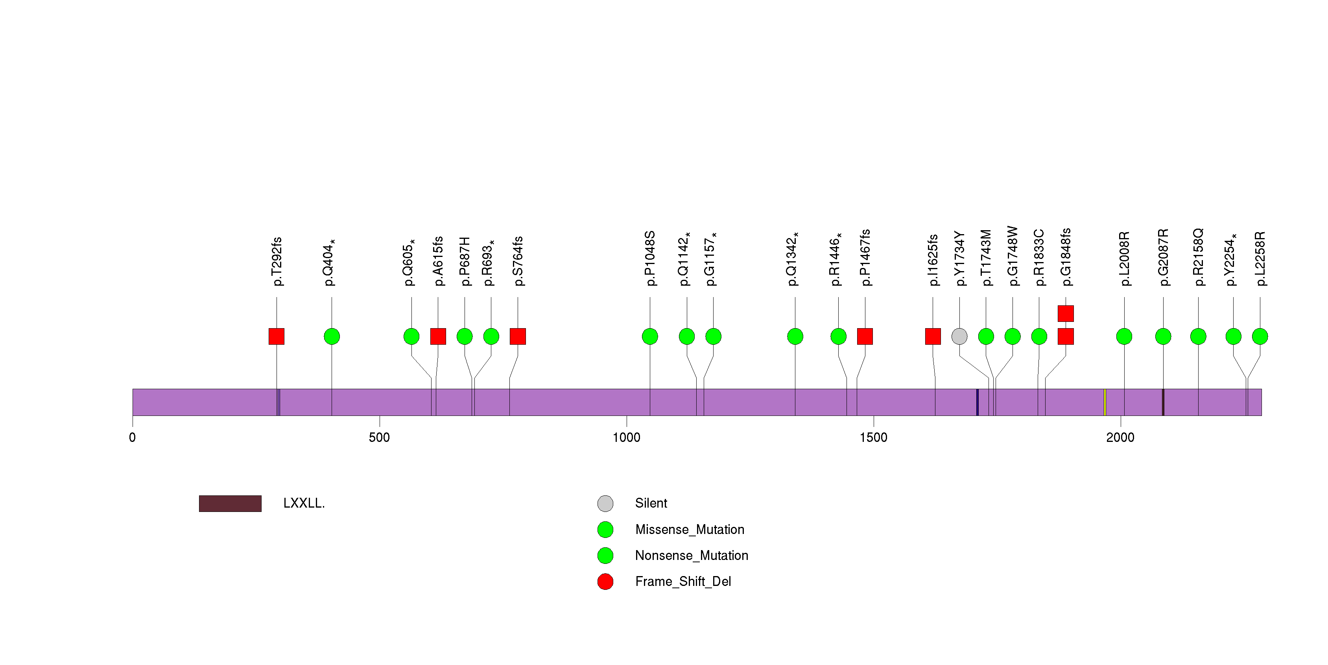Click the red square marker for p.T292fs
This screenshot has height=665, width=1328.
(x=276, y=336)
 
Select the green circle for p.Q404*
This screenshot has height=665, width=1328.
(x=332, y=336)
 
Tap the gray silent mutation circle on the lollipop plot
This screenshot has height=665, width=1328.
(x=959, y=336)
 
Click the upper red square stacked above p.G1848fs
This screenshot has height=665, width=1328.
(x=1065, y=314)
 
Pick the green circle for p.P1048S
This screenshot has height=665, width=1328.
(x=649, y=336)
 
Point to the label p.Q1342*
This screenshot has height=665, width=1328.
(x=792, y=259)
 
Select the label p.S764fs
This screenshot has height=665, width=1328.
(x=518, y=261)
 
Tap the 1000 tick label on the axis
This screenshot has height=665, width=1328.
(x=626, y=438)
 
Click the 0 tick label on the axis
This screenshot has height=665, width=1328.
(x=133, y=438)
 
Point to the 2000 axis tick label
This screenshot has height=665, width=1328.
(x=1120, y=438)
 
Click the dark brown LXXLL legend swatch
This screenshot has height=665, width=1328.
(x=230, y=503)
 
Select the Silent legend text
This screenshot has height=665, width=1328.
(x=651, y=503)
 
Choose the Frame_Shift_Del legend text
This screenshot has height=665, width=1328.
(x=682, y=582)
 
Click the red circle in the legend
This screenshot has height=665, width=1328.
(x=605, y=582)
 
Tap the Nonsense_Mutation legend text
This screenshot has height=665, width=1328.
(x=691, y=555)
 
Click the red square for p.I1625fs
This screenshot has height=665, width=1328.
(x=933, y=336)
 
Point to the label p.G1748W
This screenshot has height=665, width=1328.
(x=1013, y=256)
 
